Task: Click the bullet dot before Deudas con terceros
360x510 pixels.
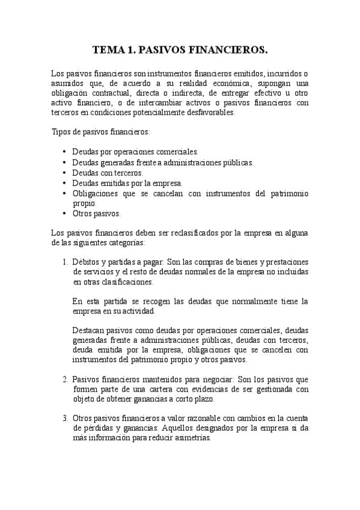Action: [x=64, y=173]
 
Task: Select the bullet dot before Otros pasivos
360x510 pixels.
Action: [x=64, y=214]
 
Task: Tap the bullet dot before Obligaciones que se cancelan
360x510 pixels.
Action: [x=64, y=193]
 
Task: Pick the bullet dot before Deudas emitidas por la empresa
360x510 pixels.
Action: [x=64, y=183]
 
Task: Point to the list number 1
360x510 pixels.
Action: [x=65, y=262]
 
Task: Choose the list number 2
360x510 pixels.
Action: [x=65, y=379]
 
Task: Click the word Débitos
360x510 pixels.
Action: [x=86, y=262]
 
